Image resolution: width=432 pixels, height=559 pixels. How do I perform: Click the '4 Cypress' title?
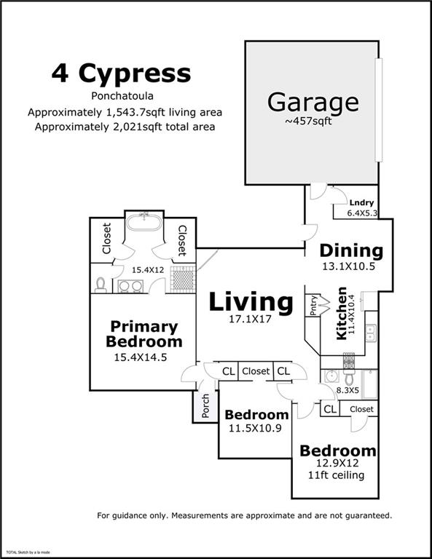[x=121, y=74]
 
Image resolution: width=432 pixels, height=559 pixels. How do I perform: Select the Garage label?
[x=313, y=101]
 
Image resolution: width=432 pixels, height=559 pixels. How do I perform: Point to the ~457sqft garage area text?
[x=308, y=122]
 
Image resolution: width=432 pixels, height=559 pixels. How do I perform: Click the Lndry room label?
[x=361, y=203]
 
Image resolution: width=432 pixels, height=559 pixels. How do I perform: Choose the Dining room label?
[x=352, y=251]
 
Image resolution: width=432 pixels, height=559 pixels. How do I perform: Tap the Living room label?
[x=251, y=301]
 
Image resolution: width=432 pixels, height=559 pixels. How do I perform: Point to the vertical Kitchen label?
[x=342, y=313]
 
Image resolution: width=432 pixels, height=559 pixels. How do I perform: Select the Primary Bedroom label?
[x=144, y=334]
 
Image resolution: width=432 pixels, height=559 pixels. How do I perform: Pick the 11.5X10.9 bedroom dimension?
[x=256, y=428]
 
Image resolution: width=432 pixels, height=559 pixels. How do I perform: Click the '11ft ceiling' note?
[x=337, y=476]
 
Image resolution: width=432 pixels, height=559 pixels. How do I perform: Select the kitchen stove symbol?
[x=349, y=361]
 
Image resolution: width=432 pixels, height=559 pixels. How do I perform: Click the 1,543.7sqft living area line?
[x=125, y=113]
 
